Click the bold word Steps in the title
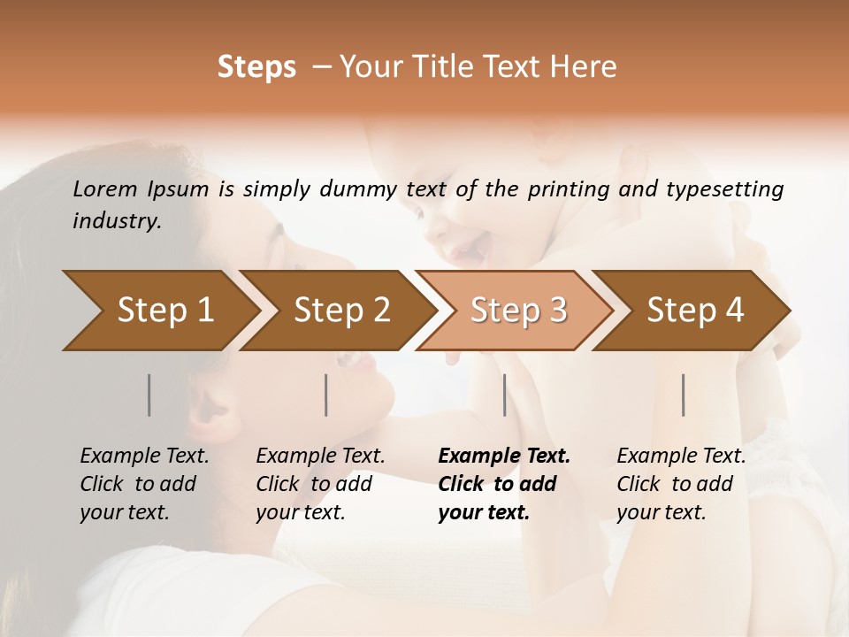tap(256, 67)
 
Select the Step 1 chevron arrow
tap(159, 310)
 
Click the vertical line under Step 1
tap(149, 395)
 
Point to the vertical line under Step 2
tap(326, 395)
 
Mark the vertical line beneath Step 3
tap(504, 395)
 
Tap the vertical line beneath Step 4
tap(683, 395)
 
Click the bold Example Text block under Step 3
tap(503, 484)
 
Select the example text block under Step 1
tap(144, 484)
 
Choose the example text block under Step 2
tap(320, 484)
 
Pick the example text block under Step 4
tap(681, 484)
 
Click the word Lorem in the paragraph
tap(105, 188)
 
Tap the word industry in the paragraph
tap(117, 221)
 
